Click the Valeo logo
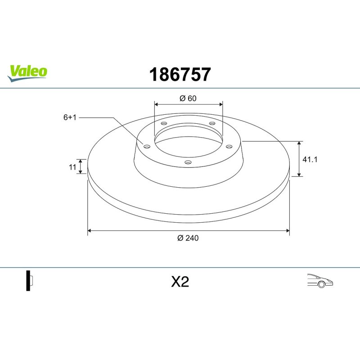tap(27, 73)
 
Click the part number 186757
tap(180, 74)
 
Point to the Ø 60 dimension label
tap(188, 98)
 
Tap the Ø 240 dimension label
tap(188, 238)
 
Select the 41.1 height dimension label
tap(310, 159)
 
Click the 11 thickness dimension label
tap(72, 167)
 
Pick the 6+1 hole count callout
tap(70, 117)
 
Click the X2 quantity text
tap(180, 282)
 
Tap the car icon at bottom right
tap(320, 280)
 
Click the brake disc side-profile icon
tap(30, 280)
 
